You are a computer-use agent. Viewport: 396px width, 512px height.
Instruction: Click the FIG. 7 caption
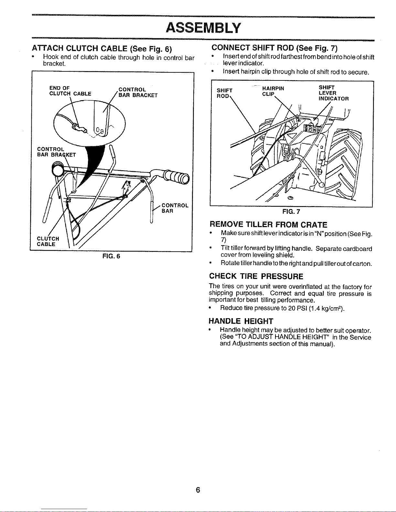click(x=291, y=212)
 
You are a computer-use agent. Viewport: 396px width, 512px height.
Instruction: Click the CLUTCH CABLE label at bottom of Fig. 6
click(x=48, y=241)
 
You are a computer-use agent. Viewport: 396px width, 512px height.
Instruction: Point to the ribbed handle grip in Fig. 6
click(x=177, y=178)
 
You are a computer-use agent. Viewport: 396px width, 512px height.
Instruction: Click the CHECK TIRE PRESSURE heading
click(x=256, y=277)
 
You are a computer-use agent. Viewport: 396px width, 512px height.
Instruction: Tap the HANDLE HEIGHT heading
click(x=241, y=321)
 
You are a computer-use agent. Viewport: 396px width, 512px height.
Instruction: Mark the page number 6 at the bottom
click(x=198, y=490)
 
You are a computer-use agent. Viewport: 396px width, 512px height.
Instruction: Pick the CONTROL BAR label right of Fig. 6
click(x=174, y=208)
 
